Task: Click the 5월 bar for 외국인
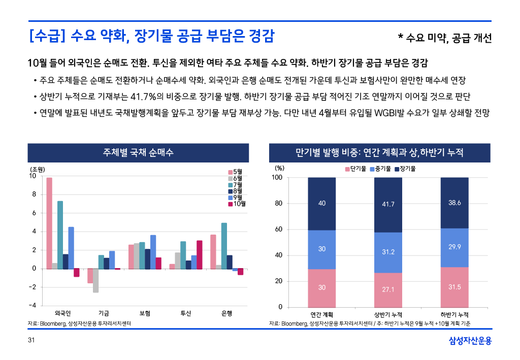(49, 223)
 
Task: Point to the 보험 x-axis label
(144, 313)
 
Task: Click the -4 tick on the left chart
(32, 306)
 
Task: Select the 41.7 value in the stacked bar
(388, 204)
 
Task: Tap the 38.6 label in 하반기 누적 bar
(454, 203)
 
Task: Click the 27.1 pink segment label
(388, 289)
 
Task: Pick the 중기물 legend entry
(381, 168)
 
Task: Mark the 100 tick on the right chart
(277, 178)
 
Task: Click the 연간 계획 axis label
(322, 315)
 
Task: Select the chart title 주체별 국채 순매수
(138, 152)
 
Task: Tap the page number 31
(30, 340)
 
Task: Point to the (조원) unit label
(37, 169)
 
